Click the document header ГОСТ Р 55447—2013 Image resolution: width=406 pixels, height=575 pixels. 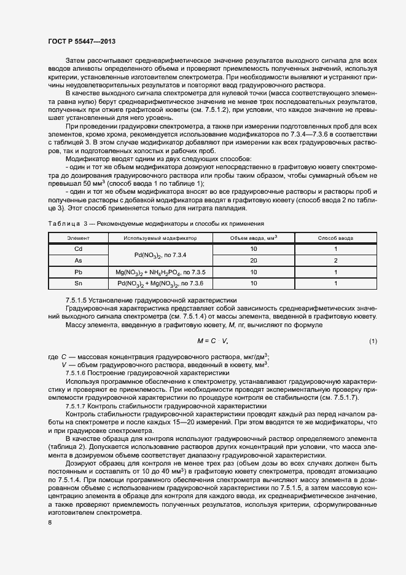tap(81, 41)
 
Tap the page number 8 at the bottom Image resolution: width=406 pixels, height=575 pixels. tap(50, 523)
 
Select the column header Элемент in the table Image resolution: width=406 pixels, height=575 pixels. tap(78, 237)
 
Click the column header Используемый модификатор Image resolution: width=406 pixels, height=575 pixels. tap(160, 237)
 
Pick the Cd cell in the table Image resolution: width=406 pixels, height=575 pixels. tap(78, 249)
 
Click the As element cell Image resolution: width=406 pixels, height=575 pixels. tap(78, 260)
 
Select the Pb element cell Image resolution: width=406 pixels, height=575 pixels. tap(78, 272)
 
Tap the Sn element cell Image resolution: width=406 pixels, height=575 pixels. tap(78, 283)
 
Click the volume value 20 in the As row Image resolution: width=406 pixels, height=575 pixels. tap(254, 260)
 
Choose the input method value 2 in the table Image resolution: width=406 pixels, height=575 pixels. tap(336, 260)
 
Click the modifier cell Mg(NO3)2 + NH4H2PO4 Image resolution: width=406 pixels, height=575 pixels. tap(160, 272)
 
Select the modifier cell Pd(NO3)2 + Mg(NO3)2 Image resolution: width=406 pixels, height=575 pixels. tap(160, 283)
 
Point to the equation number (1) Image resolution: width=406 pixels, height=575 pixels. tap(373, 340)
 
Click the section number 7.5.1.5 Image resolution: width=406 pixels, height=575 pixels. tap(76, 299)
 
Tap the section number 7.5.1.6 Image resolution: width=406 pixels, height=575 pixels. tap(76, 373)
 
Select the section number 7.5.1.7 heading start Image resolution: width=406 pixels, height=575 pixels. tap(76, 406)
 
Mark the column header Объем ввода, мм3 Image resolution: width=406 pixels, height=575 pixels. tap(254, 237)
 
